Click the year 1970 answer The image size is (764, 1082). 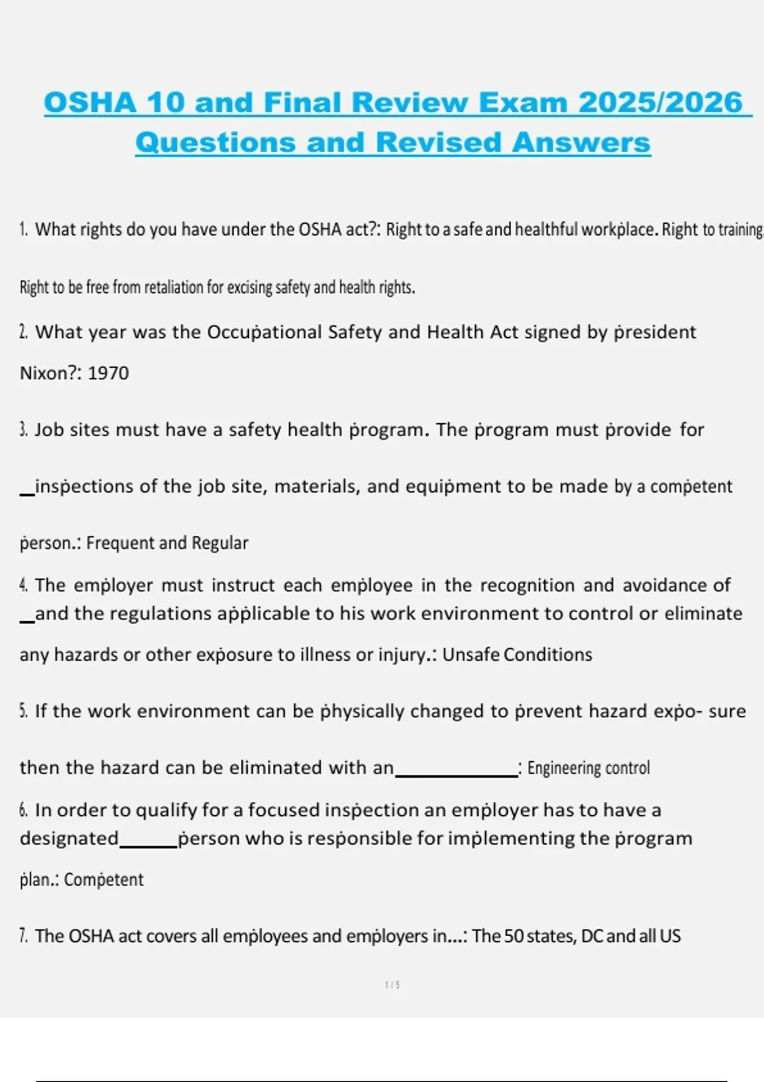point(108,373)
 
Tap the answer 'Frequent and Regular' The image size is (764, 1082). point(167,543)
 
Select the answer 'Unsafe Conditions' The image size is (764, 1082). point(517,655)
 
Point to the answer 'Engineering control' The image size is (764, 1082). point(588,768)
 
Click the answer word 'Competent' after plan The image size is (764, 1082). point(104,880)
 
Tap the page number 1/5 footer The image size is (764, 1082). point(392,985)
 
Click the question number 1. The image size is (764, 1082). point(24,229)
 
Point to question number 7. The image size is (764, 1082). point(24,936)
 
